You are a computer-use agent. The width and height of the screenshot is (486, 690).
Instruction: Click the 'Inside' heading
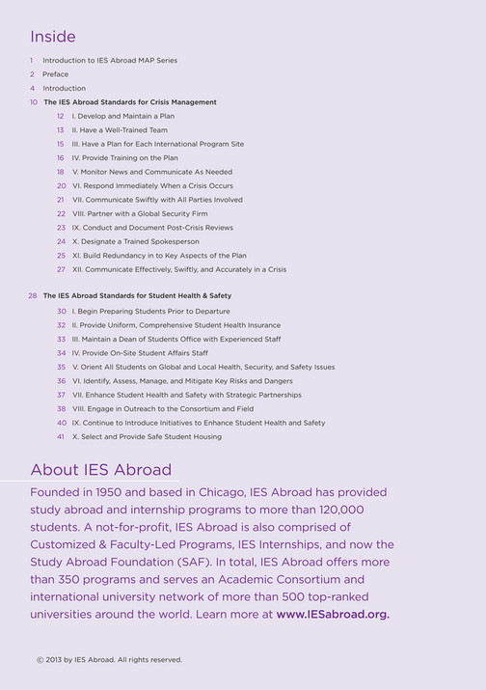pyautogui.click(x=52, y=37)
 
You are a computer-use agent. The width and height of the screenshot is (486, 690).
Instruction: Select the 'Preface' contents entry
pyautogui.click(x=55, y=74)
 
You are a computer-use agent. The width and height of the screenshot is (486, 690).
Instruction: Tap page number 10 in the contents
pyautogui.click(x=33, y=102)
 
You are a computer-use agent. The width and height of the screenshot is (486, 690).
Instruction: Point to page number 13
pyautogui.click(x=60, y=130)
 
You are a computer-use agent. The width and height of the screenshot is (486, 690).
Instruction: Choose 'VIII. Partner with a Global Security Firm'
pyautogui.click(x=139, y=214)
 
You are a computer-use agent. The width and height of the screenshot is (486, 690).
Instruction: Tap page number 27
pyautogui.click(x=60, y=270)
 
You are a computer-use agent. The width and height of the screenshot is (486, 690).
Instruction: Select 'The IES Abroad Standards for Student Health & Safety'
pyautogui.click(x=137, y=295)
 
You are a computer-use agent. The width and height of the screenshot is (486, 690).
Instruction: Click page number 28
pyautogui.click(x=33, y=295)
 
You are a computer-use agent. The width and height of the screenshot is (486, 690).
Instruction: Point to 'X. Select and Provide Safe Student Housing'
pyautogui.click(x=147, y=437)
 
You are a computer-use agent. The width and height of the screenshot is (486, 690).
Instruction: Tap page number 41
pyautogui.click(x=60, y=437)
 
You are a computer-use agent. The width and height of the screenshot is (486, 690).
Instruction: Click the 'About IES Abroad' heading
pyautogui.click(x=101, y=470)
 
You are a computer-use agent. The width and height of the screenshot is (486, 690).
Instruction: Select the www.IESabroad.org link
pyautogui.click(x=333, y=614)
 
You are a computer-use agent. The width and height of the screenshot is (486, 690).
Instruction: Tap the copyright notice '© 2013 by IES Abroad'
pyautogui.click(x=108, y=660)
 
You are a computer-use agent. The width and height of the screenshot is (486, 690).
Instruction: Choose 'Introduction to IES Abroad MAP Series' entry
pyautogui.click(x=109, y=61)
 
